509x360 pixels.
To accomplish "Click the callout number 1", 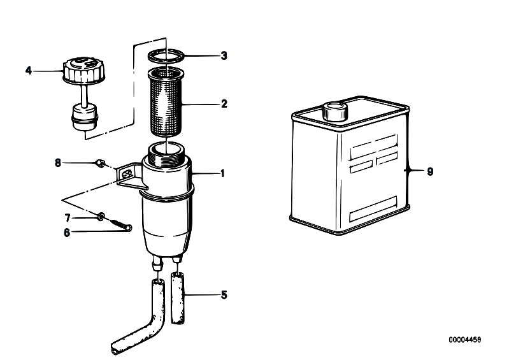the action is click(222, 173).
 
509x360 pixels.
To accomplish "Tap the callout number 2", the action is click(224, 104).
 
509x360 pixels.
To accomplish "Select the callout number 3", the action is click(224, 56).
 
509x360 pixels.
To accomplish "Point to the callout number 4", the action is click(29, 71).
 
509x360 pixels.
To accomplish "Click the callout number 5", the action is click(224, 295).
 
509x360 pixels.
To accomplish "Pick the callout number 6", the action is click(67, 233).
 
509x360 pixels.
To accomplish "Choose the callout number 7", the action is click(68, 217).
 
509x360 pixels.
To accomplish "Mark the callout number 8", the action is click(58, 162).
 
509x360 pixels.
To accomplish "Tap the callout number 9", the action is click(430, 171).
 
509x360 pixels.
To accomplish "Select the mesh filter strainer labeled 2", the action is click(166, 102).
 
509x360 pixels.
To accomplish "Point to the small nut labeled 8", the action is click(101, 163).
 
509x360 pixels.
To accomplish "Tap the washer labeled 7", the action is click(101, 216).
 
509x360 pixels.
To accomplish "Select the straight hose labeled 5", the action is click(178, 298).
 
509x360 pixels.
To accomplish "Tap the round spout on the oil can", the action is click(335, 111).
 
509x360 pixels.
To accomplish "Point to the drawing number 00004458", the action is click(465, 340).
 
